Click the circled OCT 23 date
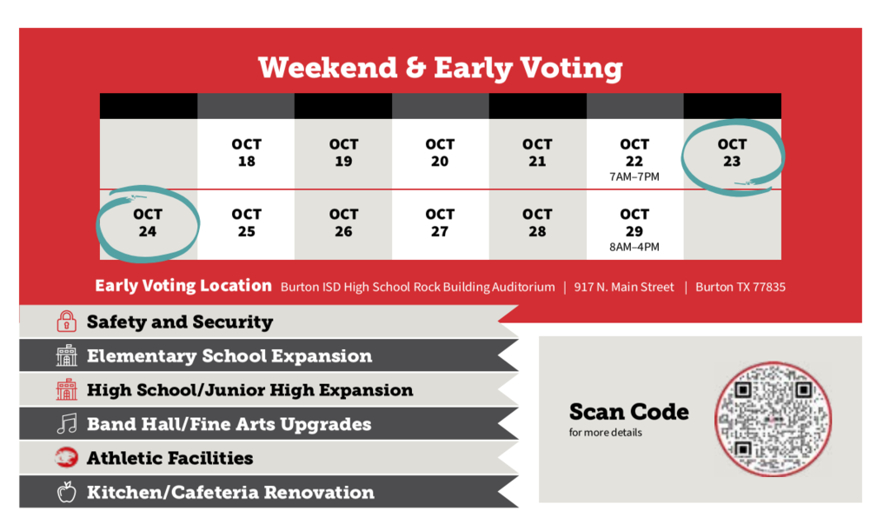point(732,153)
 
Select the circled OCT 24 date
point(148,222)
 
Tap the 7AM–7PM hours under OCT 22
point(634,177)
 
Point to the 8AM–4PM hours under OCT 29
point(634,247)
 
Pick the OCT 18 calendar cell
point(246,153)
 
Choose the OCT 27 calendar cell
point(440,225)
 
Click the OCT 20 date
point(440,153)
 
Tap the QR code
point(773,420)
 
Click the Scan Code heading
point(629,412)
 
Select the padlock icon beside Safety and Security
point(66,322)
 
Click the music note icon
point(67,423)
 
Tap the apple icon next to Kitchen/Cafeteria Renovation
point(66,492)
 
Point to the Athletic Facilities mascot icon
point(66,458)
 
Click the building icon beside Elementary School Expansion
point(66,355)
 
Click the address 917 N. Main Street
point(624,288)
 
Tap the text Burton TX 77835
point(741,288)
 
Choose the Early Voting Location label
point(183,286)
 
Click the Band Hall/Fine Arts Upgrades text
point(229,424)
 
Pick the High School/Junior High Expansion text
point(249,390)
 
